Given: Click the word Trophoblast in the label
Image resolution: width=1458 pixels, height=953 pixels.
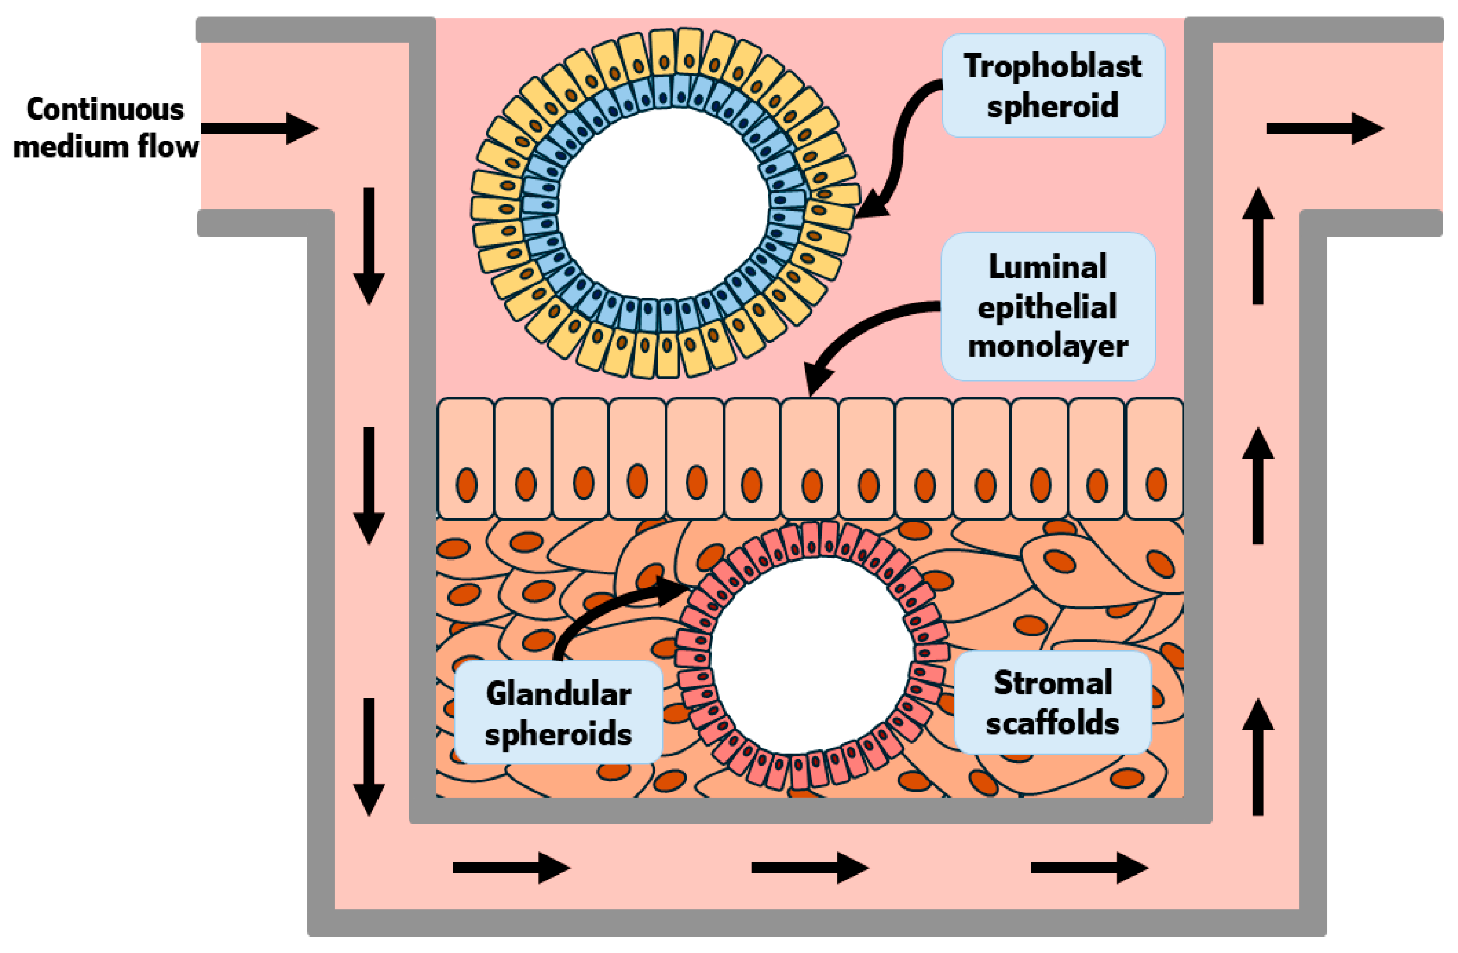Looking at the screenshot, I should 1052,66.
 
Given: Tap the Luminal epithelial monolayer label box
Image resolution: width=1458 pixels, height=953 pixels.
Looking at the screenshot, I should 1048,307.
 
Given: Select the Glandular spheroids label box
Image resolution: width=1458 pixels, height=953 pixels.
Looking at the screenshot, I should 558,712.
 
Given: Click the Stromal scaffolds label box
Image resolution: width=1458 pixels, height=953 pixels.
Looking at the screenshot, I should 1052,702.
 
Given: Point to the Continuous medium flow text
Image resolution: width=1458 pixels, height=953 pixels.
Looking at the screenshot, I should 106,127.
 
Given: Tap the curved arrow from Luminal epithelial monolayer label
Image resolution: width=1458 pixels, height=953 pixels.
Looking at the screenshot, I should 858,331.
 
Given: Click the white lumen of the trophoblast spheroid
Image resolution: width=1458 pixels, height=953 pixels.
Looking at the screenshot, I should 663,202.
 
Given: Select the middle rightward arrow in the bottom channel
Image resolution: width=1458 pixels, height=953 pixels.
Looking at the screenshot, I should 809,868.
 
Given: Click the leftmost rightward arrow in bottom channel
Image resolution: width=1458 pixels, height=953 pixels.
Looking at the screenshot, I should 510,868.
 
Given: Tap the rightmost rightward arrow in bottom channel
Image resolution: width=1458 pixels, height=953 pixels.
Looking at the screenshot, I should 1088,868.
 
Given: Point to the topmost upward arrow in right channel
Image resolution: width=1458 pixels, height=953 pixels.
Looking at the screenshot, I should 1258,245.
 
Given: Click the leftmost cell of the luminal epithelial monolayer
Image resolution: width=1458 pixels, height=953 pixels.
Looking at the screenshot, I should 465,458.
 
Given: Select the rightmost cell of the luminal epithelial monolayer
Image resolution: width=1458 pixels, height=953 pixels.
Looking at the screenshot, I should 1155,458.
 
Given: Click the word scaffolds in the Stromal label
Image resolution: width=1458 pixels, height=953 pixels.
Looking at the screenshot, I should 1052,723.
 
